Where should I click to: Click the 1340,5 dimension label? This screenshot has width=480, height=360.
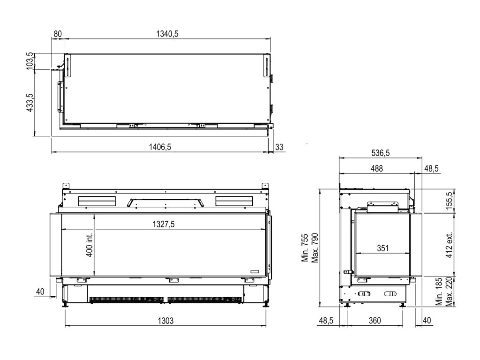click(167, 34)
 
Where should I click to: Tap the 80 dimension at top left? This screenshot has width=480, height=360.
click(58, 34)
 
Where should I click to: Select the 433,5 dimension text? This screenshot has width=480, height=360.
click(31, 103)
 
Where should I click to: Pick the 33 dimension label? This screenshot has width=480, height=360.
click(279, 147)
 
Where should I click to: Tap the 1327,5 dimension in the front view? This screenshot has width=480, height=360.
click(163, 225)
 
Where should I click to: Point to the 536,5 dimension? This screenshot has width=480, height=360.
click(380, 153)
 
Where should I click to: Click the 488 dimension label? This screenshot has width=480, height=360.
click(377, 169)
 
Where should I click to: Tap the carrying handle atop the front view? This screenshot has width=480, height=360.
click(165, 202)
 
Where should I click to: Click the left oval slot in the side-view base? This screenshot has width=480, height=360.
click(364, 294)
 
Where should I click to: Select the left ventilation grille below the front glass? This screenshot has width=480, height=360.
click(126, 299)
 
